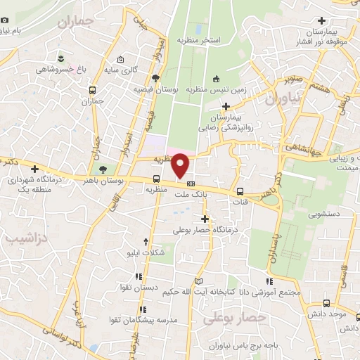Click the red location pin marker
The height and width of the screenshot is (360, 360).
pyautogui.click(x=181, y=165)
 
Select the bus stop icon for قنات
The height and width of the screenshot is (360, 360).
pyautogui.click(x=240, y=191)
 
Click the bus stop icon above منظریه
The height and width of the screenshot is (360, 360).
pyautogui.click(x=156, y=178)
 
